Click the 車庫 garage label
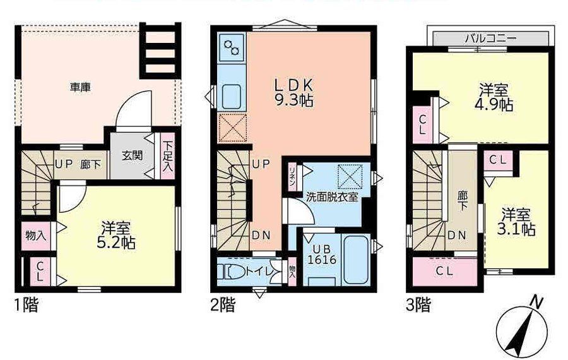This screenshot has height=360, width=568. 80,88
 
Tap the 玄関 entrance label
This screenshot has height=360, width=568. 131,155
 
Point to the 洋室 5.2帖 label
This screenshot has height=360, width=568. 117,234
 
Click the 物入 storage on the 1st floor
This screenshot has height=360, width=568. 35,235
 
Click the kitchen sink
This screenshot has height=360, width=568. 232,97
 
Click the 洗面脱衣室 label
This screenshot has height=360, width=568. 333,196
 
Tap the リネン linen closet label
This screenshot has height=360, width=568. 293,172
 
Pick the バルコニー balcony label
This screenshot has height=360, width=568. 490,38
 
